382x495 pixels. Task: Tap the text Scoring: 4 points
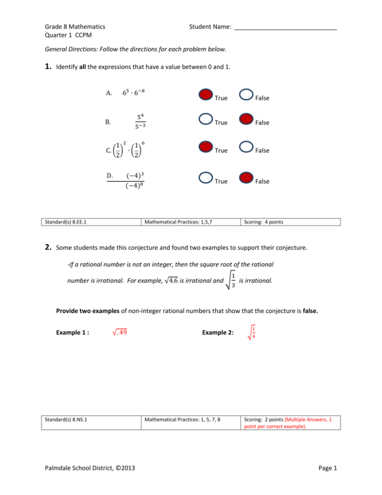click(263, 222)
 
